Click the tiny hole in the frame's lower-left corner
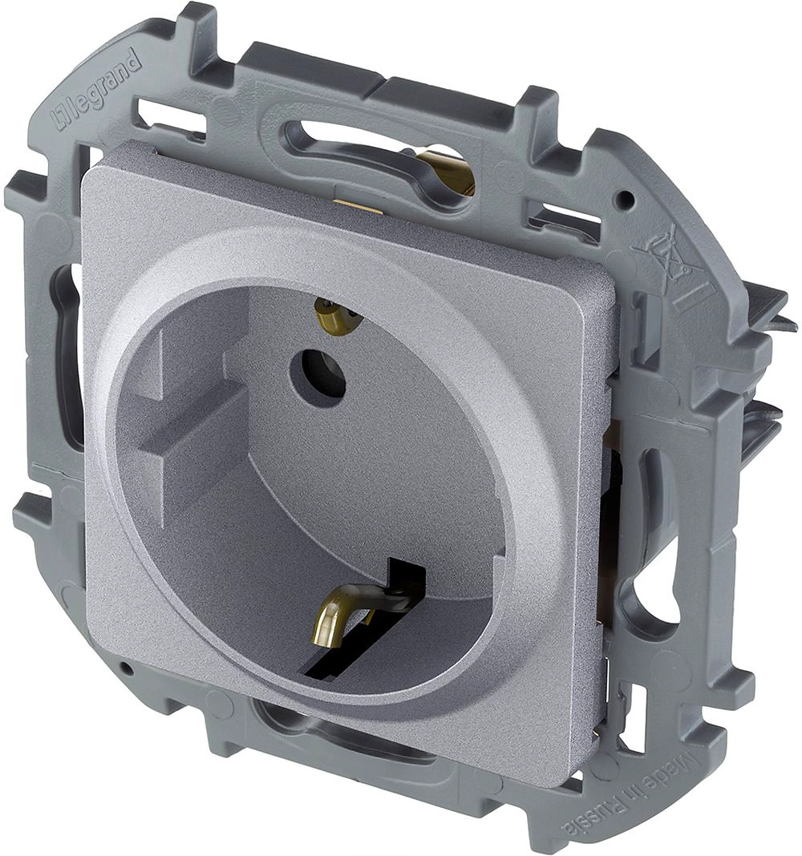126,667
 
